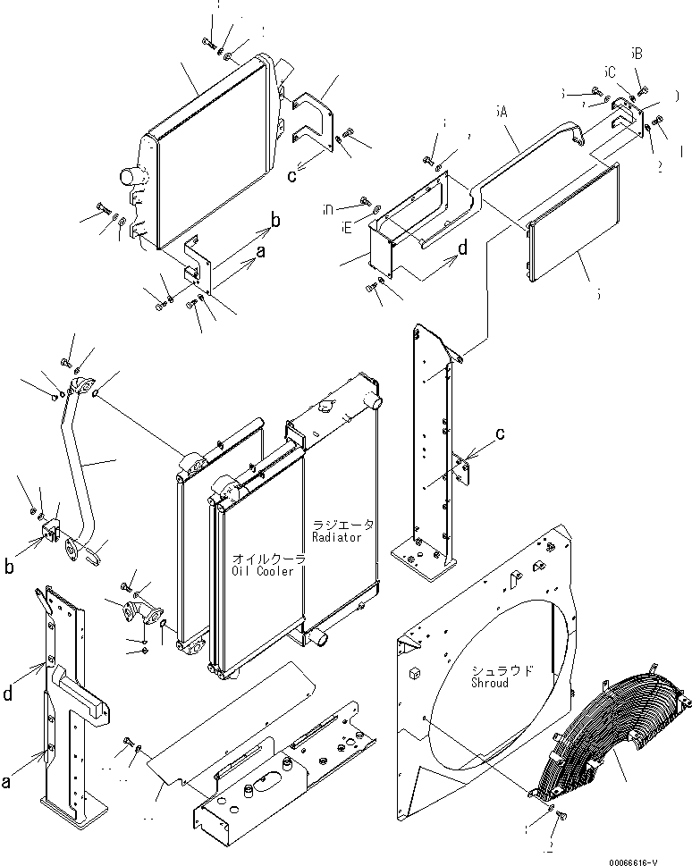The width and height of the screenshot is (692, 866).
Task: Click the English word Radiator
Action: (337, 536)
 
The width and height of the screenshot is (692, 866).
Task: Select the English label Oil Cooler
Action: (263, 571)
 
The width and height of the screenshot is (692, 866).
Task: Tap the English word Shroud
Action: (490, 683)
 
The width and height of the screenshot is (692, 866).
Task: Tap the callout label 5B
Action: (636, 54)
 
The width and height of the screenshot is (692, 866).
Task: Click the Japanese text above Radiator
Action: (343, 524)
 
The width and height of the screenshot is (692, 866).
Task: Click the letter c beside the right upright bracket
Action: (500, 434)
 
